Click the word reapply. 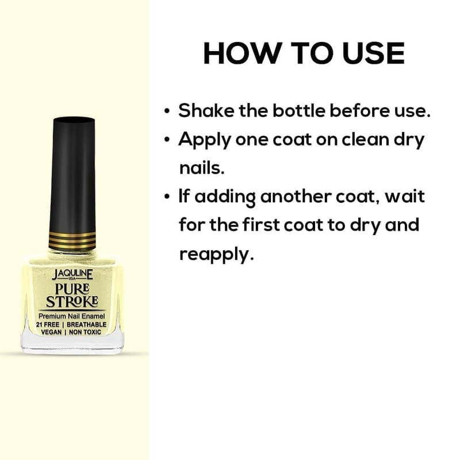click(216, 254)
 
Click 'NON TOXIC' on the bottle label click(89, 332)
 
